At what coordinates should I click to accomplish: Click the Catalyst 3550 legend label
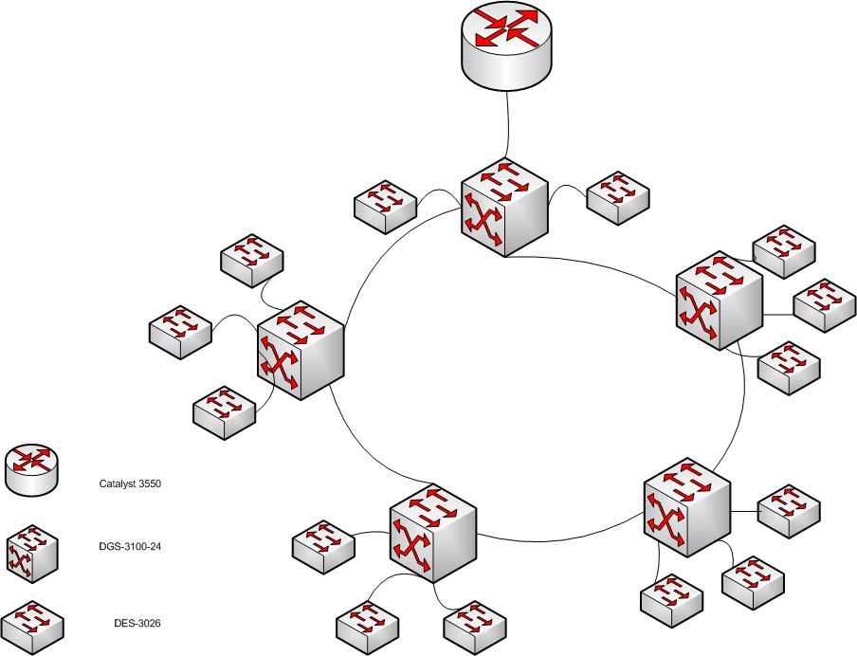point(130,483)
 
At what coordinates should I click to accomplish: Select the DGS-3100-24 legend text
point(130,546)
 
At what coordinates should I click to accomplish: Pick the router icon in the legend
point(32,469)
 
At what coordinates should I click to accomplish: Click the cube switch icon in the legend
point(32,551)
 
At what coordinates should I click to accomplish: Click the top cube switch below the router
point(504,206)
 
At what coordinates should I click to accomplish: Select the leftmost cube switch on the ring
point(300,352)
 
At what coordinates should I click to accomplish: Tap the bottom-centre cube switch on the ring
point(432,533)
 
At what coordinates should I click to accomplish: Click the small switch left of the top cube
point(385,206)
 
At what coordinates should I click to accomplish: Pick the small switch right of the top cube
point(618,197)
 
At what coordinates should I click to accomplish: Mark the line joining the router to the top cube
point(509,123)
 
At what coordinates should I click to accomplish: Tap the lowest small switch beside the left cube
point(224,411)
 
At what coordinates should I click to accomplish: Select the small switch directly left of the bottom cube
point(322,547)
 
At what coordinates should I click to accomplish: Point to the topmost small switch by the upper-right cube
point(783,251)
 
